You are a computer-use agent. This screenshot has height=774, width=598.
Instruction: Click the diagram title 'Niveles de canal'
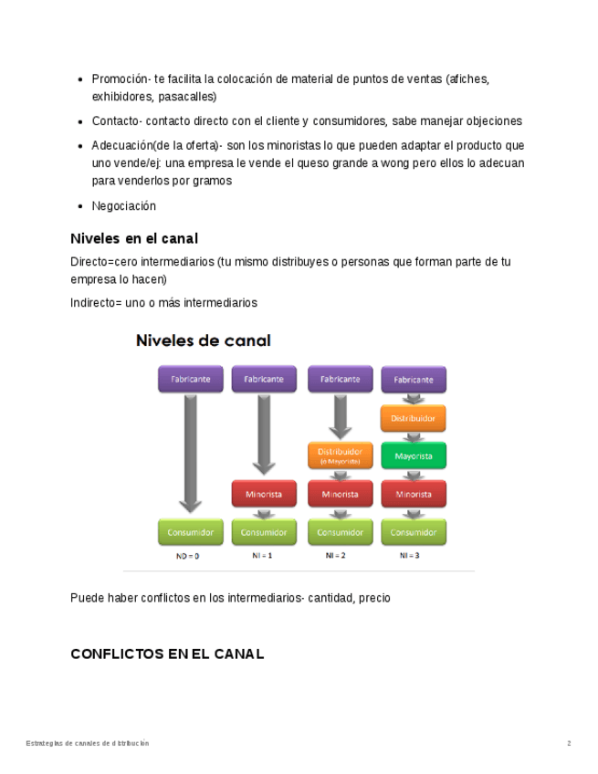point(204,340)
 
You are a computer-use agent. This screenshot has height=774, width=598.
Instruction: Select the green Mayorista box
point(414,455)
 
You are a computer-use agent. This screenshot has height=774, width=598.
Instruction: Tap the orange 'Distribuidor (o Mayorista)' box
point(340,455)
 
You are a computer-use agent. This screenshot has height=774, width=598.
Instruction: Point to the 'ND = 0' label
point(187,555)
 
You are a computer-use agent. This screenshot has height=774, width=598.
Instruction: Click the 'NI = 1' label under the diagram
point(263,555)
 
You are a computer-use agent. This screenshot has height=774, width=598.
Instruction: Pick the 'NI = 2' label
point(336,555)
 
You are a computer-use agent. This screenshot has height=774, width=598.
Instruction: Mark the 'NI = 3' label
point(409,555)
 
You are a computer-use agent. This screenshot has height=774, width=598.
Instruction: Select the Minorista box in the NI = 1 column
point(264,494)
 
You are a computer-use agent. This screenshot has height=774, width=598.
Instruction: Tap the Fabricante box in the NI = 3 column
point(414,380)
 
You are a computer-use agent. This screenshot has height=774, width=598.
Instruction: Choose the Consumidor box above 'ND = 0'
point(190,531)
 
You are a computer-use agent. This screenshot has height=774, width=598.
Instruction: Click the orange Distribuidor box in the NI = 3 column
point(414,418)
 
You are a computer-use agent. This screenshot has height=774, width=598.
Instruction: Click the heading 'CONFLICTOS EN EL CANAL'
point(167,654)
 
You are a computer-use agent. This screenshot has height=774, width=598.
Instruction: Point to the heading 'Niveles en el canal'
point(134,238)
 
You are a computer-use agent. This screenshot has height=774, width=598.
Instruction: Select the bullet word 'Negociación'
point(124,205)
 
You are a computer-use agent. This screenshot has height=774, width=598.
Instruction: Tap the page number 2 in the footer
point(569,743)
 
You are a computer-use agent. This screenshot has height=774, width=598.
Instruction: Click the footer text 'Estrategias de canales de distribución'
point(87,743)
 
